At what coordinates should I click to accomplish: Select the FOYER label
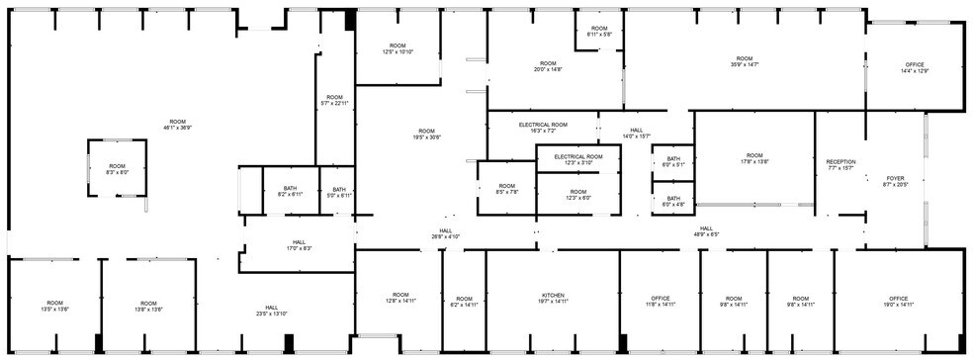(895, 181)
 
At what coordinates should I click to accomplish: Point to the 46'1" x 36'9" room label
(178, 124)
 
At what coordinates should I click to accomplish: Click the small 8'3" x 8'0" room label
(117, 169)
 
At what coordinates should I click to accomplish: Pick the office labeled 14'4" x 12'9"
(915, 67)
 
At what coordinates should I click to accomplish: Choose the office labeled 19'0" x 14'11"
(898, 302)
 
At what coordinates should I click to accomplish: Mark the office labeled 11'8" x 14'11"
(661, 302)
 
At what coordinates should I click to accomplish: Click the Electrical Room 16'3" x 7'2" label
(543, 128)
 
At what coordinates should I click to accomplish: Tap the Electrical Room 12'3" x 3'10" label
(578, 160)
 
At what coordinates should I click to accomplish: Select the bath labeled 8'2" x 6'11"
(290, 192)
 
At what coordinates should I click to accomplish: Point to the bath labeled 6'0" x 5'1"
(673, 162)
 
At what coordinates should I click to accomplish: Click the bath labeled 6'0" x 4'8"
(673, 202)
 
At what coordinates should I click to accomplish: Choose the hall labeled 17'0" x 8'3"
(299, 245)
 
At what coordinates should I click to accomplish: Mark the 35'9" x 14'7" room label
(744, 61)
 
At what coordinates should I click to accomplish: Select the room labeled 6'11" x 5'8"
(599, 32)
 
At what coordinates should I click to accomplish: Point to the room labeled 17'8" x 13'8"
(754, 158)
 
